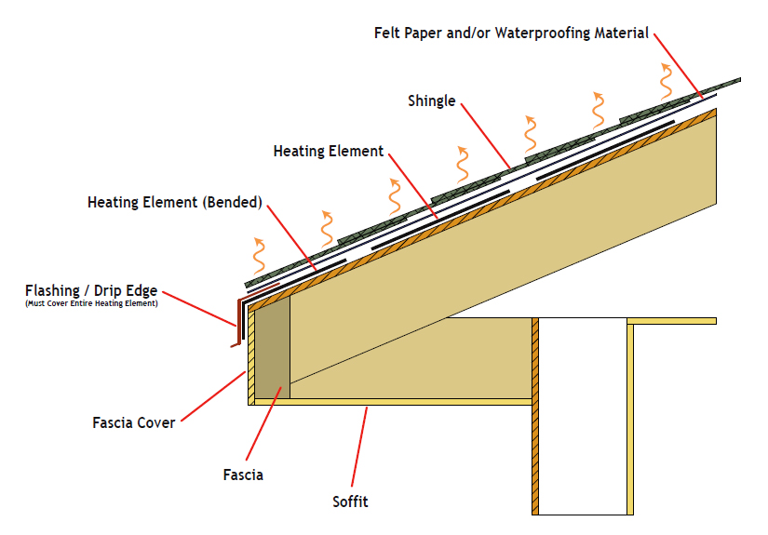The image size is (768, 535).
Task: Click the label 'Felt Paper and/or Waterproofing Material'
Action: pyautogui.click(x=511, y=33)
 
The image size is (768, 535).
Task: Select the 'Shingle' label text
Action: pyautogui.click(x=432, y=100)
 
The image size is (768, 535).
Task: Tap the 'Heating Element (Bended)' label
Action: pyautogui.click(x=175, y=201)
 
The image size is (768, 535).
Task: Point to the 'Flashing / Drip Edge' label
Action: pyautogui.click(x=91, y=290)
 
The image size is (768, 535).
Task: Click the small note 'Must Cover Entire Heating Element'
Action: pyautogui.click(x=91, y=304)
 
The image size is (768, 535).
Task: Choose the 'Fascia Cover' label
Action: pyautogui.click(x=134, y=422)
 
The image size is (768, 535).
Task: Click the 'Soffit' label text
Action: pyautogui.click(x=351, y=502)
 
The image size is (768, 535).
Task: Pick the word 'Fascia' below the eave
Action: pyautogui.click(x=243, y=475)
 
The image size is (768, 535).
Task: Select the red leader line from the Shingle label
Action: pyautogui.click(x=484, y=136)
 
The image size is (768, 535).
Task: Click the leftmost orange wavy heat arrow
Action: pyautogui.click(x=260, y=253)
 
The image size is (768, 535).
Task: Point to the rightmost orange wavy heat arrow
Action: pyautogui.click(x=666, y=81)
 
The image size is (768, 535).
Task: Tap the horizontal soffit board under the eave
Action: pyautogui.click(x=391, y=402)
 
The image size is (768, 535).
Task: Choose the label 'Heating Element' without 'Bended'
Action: pyautogui.click(x=329, y=151)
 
